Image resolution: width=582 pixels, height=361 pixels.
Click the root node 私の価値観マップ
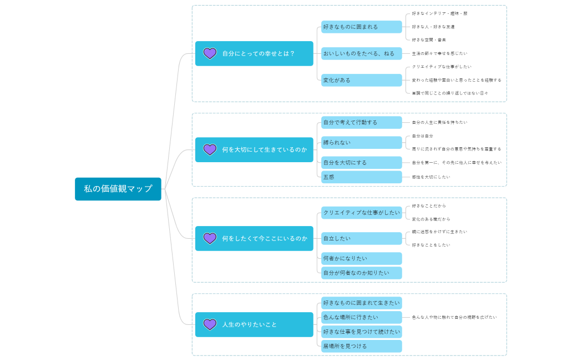click(x=118, y=189)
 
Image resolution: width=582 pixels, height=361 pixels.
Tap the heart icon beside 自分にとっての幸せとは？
click(x=210, y=53)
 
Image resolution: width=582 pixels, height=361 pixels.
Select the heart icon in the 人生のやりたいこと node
click(x=210, y=324)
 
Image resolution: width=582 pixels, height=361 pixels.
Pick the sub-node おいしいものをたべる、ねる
click(x=361, y=53)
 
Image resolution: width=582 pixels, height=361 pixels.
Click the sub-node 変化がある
click(x=361, y=80)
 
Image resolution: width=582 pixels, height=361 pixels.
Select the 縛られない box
click(x=361, y=143)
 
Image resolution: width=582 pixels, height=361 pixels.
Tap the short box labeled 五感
click(x=361, y=177)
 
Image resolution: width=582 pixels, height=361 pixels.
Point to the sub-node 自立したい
click(x=361, y=238)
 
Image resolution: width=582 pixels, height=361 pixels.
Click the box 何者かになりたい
click(x=361, y=258)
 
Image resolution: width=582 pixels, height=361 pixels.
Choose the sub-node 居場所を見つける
click(x=361, y=346)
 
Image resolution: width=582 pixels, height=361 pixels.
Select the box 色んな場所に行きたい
click(x=361, y=317)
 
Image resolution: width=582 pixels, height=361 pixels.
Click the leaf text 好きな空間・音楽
click(x=429, y=40)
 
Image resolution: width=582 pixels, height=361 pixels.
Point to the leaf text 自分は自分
click(x=422, y=136)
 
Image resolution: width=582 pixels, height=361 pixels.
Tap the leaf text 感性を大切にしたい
click(x=431, y=177)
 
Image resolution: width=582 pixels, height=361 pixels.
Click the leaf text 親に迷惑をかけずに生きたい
click(x=439, y=232)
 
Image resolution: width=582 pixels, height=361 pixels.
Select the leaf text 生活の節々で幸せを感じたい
click(x=439, y=54)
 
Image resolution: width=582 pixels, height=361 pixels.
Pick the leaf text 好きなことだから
click(x=429, y=206)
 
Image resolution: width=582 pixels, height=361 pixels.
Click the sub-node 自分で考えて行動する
click(x=361, y=122)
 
